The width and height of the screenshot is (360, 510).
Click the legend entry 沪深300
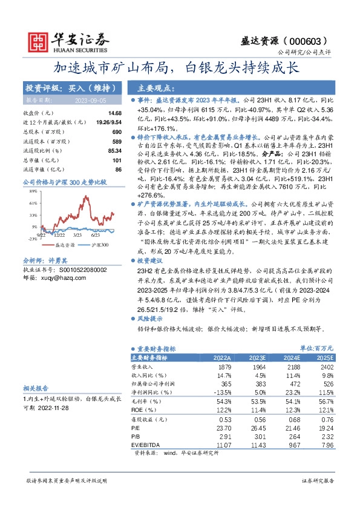(x=100, y=245)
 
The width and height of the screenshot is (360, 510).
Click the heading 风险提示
(x=151, y=318)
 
